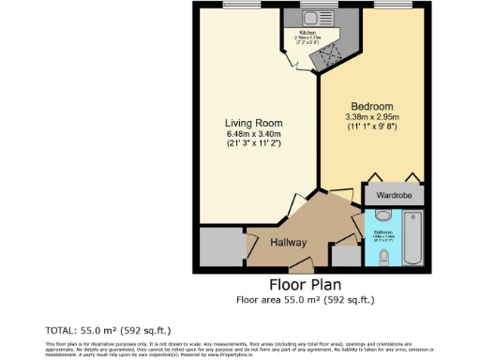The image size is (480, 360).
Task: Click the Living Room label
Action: pos(253,123)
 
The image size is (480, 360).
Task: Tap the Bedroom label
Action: pos(371,106)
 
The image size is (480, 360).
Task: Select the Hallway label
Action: pos(289,243)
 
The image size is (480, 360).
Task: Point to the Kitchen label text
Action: pos(308,32)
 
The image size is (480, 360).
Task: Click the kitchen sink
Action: pos(309,16)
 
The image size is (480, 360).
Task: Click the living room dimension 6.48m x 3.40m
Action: pos(253,134)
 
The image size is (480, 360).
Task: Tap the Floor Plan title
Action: pos(305,284)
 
